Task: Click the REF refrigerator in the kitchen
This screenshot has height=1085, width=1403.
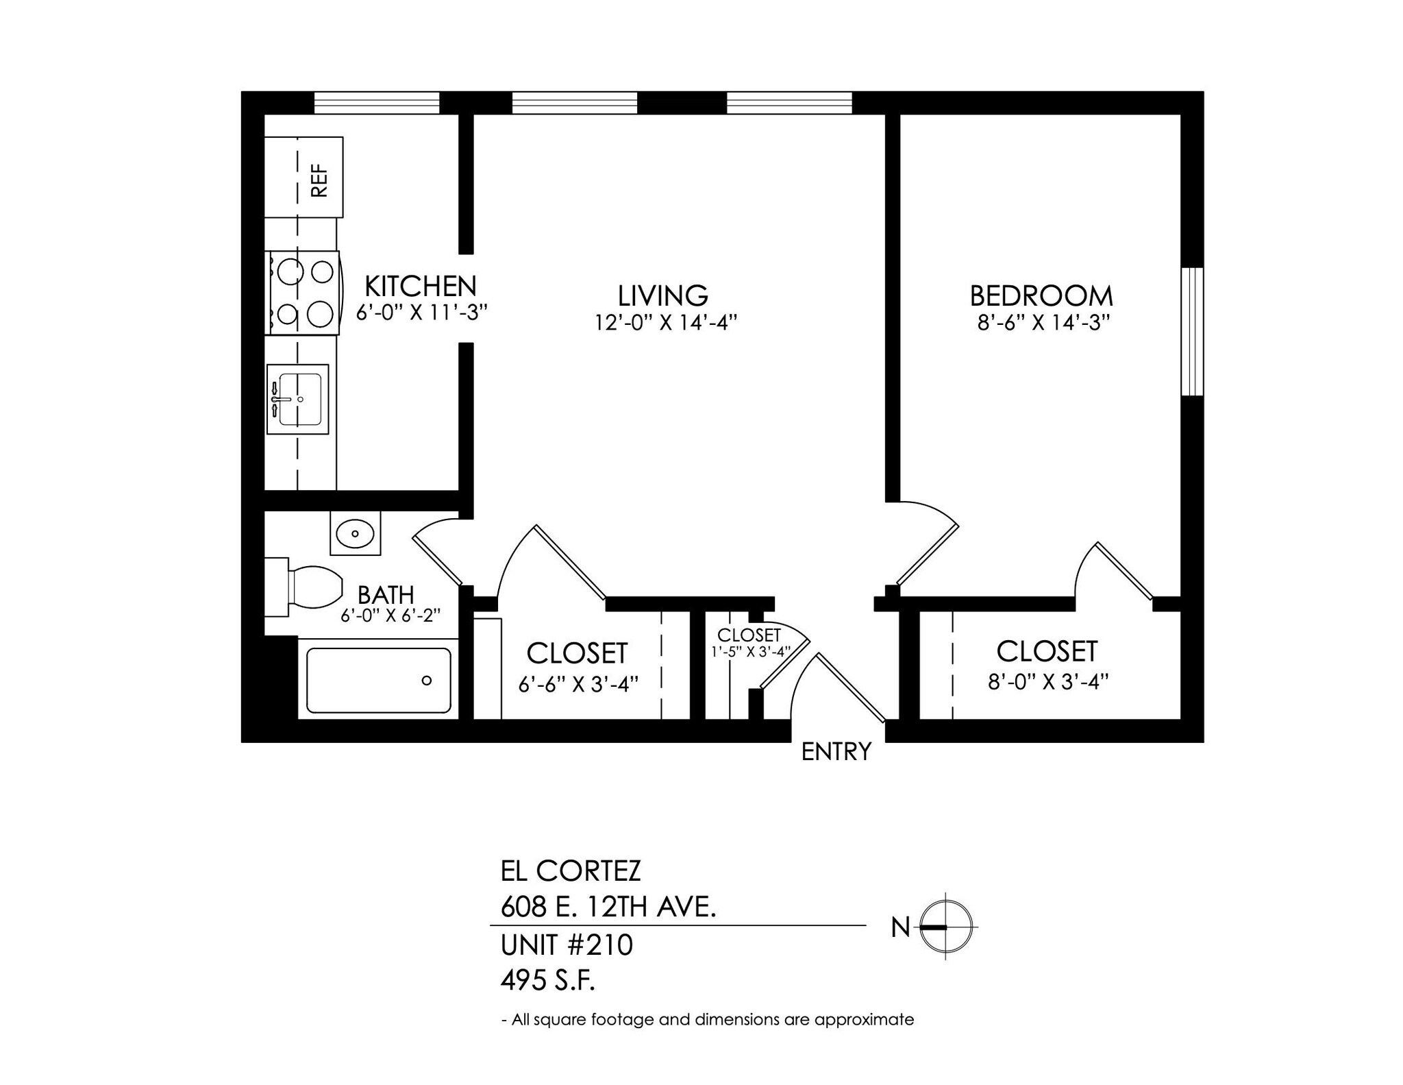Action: coord(303,178)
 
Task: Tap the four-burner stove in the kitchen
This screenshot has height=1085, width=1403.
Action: coord(303,293)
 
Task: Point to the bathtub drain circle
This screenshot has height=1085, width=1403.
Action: coord(427,681)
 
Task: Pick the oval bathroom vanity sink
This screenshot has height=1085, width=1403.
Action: coord(355,533)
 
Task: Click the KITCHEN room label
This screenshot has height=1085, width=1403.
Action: coord(420,286)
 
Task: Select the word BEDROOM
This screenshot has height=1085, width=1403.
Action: coord(1041,296)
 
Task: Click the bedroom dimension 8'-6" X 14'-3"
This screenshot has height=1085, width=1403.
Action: coord(1043,322)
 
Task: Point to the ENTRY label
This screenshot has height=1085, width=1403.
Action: coord(836,752)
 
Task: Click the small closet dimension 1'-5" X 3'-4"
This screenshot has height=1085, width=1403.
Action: coord(751,651)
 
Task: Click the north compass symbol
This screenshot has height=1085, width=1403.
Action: coord(945,927)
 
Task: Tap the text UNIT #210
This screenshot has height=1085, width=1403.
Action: coord(567,945)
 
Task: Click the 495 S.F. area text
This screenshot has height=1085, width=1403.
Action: coord(548,982)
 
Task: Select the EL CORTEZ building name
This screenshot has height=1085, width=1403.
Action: coord(571,871)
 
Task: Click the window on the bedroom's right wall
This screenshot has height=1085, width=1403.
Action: coord(1192,331)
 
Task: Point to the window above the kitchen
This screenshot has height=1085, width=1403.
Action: coord(376,103)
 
